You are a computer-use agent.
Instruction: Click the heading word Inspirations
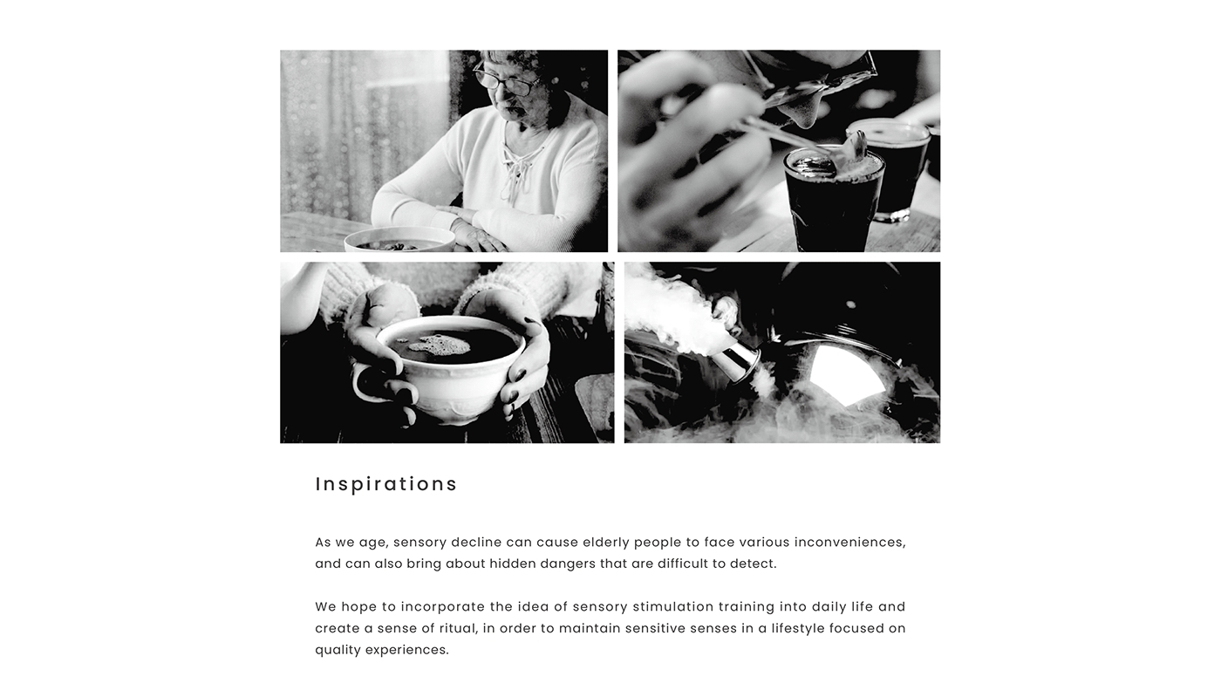[x=386, y=484]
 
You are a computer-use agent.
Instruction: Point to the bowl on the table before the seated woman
[x=399, y=240]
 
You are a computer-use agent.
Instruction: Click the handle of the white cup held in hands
[x=366, y=384]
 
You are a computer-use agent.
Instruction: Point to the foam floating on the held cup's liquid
[x=440, y=346]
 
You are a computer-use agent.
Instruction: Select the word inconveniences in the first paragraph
[x=849, y=542]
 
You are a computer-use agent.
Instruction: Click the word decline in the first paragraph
[x=476, y=542]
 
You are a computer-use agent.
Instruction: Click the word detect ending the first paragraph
[x=753, y=564]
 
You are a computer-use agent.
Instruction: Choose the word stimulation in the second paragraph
[x=672, y=606]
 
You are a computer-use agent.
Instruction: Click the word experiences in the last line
[x=406, y=650]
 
